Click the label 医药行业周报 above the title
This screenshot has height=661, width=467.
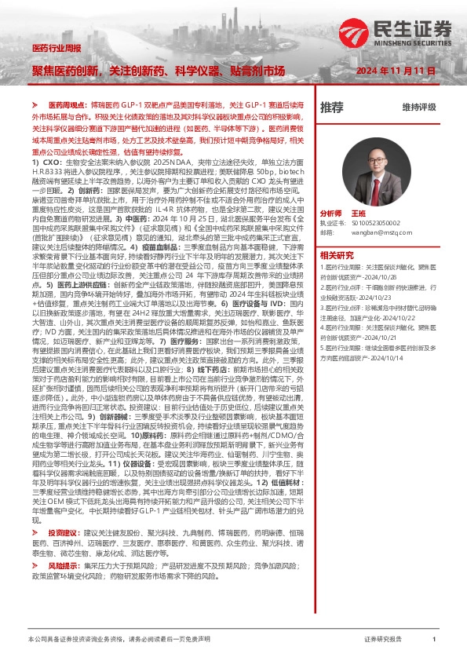56,48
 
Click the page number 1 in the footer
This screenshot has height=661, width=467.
434,640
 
